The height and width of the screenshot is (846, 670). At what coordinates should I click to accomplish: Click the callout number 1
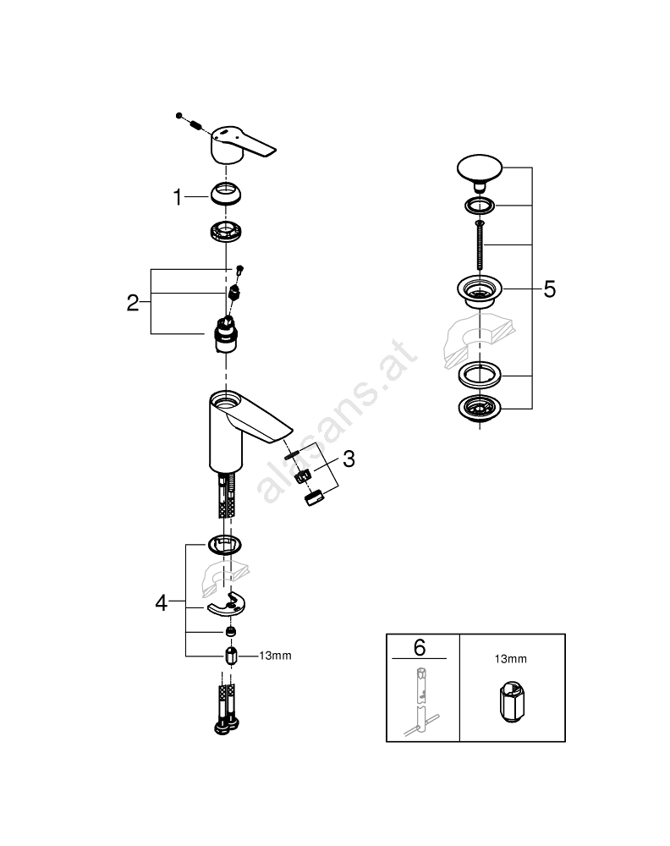tap(178, 197)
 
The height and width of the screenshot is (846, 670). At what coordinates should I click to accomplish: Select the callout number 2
tap(133, 303)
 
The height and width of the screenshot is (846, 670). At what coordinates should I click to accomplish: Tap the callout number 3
tap(349, 459)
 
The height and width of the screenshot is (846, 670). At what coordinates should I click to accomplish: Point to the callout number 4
tap(162, 602)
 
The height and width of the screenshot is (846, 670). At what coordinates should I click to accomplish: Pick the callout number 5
tap(549, 289)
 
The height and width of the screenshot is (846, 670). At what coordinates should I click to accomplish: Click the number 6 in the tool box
tap(420, 647)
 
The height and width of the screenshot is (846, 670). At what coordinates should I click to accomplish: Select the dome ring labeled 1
tap(226, 194)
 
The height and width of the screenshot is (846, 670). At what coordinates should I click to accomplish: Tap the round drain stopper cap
tap(480, 172)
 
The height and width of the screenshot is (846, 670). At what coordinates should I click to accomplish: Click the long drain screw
tap(480, 245)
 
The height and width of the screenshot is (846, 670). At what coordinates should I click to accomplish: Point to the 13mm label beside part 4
tap(275, 656)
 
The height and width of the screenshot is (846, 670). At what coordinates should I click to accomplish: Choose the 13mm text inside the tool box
tap(510, 659)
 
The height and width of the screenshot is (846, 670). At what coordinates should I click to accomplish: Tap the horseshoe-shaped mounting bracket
tap(227, 606)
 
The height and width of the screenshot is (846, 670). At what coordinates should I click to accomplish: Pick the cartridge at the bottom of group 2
tap(226, 335)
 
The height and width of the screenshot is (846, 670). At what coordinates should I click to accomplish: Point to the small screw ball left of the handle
tap(179, 115)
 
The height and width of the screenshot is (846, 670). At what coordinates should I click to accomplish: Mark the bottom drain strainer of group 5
tap(480, 408)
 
